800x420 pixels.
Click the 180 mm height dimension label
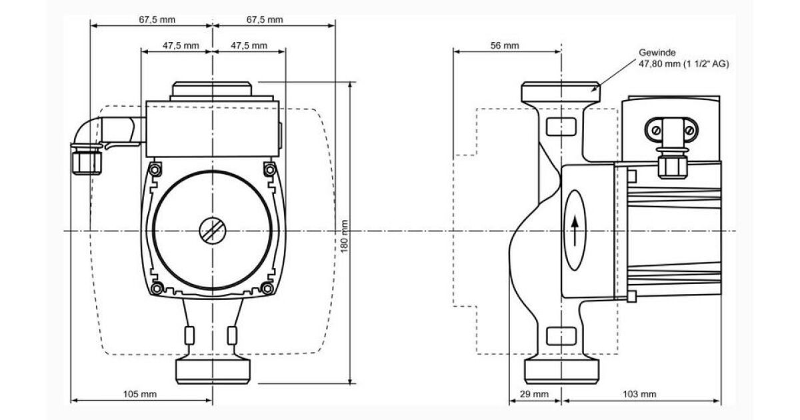pyautogui.click(x=344, y=236)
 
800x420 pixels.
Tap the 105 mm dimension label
pyautogui.click(x=140, y=394)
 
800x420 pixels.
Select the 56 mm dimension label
pyautogui.click(x=505, y=45)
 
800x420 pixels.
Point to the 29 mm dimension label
pyautogui.click(x=534, y=394)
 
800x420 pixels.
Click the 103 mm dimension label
pyautogui.click(x=639, y=394)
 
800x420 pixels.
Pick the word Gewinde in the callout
pyautogui.click(x=657, y=53)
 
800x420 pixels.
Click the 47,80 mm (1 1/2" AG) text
pyautogui.click(x=683, y=64)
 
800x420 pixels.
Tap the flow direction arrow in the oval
pyautogui.click(x=575, y=231)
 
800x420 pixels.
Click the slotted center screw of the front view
pyautogui.click(x=213, y=231)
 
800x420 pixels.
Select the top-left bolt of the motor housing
pyautogui.click(x=155, y=169)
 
